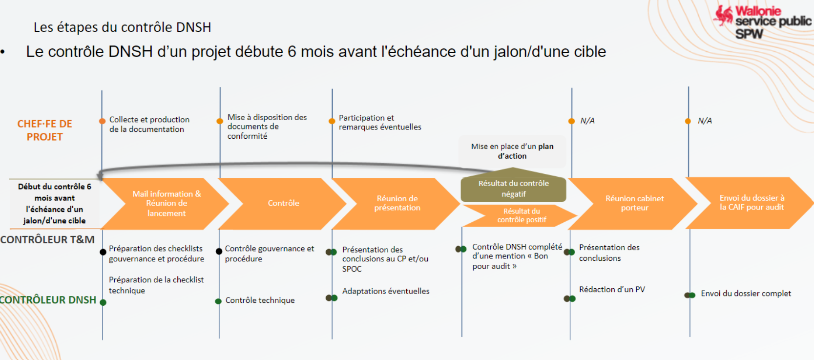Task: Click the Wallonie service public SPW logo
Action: pyautogui.click(x=762, y=22)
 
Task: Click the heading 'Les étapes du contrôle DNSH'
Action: pyautogui.click(x=122, y=27)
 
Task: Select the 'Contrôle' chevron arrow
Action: pyautogui.click(x=283, y=203)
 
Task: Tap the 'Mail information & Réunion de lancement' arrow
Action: pyautogui.click(x=166, y=203)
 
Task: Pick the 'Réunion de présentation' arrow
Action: pyautogui.click(x=397, y=203)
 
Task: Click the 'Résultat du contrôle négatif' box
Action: pyautogui.click(x=513, y=189)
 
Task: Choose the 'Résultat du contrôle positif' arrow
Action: pyautogui.click(x=521, y=215)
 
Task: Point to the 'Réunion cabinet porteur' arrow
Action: pyautogui.click(x=634, y=203)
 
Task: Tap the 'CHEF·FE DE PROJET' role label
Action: pyautogui.click(x=44, y=130)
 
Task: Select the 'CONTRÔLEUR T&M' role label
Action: pyautogui.click(x=47, y=240)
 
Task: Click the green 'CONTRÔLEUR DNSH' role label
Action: pyautogui.click(x=48, y=300)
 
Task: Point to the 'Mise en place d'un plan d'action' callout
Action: pyautogui.click(x=512, y=151)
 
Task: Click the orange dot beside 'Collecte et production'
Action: pyautogui.click(x=102, y=121)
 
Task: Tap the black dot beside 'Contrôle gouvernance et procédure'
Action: pyautogui.click(x=219, y=252)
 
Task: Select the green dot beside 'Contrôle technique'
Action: pyautogui.click(x=218, y=301)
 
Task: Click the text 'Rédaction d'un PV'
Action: pyautogui.click(x=612, y=290)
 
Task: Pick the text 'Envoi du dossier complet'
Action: pyautogui.click(x=746, y=294)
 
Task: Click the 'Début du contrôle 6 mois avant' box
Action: pyautogui.click(x=54, y=203)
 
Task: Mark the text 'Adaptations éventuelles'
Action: pyautogui.click(x=386, y=291)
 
